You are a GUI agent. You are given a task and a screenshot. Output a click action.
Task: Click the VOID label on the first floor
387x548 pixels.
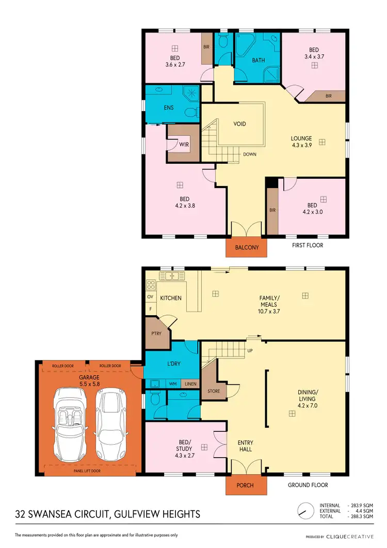pos(239,124)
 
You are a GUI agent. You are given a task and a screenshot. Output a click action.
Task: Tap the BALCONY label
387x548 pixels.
pos(247,247)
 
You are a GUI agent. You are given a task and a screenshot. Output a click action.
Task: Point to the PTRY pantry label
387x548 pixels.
pos(156,333)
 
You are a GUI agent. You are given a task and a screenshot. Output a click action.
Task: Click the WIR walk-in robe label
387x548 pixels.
pos(184,145)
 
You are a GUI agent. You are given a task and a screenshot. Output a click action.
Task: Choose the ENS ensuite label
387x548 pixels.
pos(168,107)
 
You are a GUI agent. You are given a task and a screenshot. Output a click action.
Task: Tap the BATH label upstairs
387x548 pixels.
pos(259,60)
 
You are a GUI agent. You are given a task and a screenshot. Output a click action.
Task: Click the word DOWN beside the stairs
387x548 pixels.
pos(250,154)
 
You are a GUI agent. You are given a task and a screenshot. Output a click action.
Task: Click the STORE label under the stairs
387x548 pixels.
pos(214,391)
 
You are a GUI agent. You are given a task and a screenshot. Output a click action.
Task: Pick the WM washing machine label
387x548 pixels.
pos(173,384)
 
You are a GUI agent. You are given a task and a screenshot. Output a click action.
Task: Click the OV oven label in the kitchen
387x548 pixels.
pos(151,297)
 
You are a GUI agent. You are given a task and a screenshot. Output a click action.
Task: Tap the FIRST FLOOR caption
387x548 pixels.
pos(308,245)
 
